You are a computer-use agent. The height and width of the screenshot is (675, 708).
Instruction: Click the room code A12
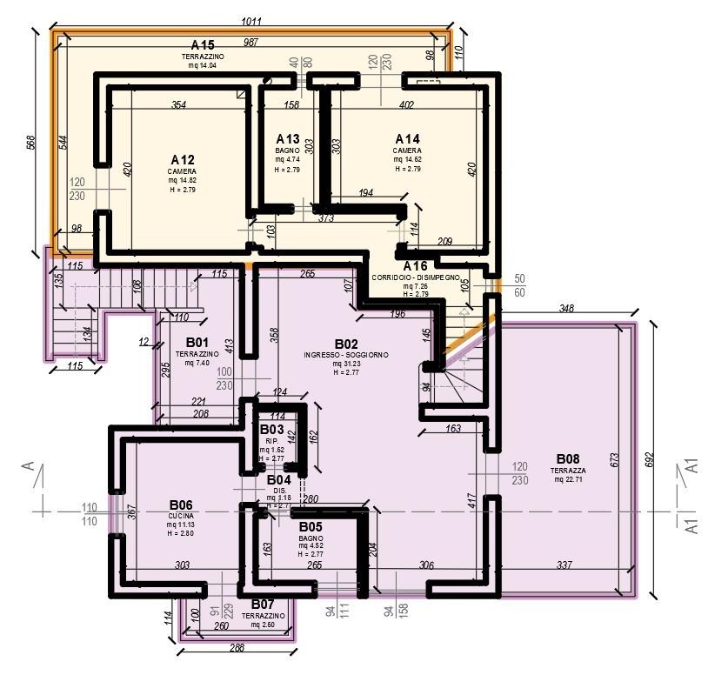(183, 160)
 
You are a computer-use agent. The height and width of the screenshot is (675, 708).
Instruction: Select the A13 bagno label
(288, 139)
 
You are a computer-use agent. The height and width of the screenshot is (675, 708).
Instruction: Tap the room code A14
(407, 139)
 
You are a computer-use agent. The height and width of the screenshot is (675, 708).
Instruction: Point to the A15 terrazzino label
(203, 45)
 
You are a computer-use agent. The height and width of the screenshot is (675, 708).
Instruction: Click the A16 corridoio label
(415, 266)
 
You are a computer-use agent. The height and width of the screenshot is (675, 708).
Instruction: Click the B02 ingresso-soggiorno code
(346, 344)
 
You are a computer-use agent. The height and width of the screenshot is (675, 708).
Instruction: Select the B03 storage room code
(271, 430)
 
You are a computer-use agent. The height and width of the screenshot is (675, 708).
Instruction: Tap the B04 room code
(278, 480)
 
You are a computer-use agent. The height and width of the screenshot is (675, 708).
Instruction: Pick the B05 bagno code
(311, 527)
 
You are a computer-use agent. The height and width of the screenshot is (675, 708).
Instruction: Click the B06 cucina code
(180, 505)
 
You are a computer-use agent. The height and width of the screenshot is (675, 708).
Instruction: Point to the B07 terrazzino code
(263, 605)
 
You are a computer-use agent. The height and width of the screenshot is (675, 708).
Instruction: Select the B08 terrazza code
(568, 459)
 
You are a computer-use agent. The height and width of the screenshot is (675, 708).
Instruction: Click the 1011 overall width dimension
(251, 21)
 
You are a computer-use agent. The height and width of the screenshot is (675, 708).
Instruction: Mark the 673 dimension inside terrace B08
(615, 458)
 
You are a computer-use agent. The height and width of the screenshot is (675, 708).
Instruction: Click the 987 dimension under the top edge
(251, 43)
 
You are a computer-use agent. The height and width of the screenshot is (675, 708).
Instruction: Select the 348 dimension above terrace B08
(567, 309)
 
